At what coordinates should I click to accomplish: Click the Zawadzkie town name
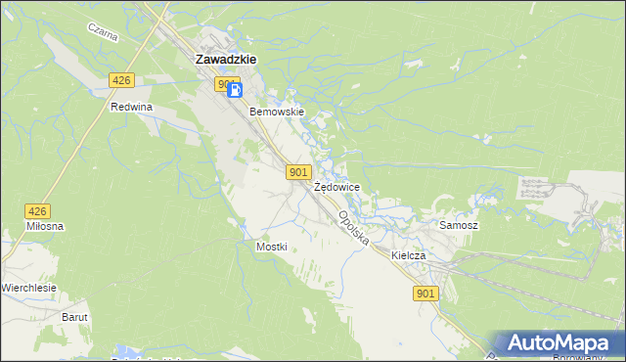click(226, 59)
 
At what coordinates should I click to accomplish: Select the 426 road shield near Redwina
click(121, 80)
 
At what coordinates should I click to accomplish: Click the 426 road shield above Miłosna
click(37, 210)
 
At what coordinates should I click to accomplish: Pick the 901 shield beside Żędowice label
click(299, 172)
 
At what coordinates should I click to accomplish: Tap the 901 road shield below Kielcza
click(425, 294)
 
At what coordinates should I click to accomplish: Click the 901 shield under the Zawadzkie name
click(227, 84)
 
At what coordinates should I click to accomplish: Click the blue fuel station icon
click(235, 91)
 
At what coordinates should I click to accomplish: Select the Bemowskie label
click(278, 112)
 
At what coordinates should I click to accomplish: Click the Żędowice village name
click(337, 186)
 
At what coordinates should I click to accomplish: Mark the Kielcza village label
click(408, 255)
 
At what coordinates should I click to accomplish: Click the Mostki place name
click(271, 247)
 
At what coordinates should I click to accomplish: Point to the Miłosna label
click(45, 226)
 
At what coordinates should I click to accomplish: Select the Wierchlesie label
click(29, 288)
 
